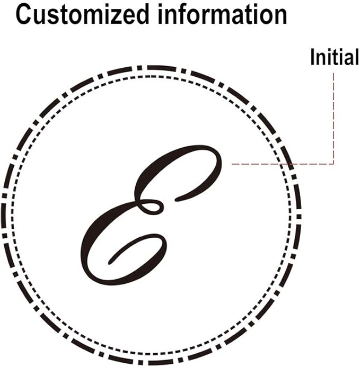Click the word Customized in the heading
pyautogui.click(x=83, y=14)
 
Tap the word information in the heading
pyautogui.click(x=223, y=14)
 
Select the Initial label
pyautogui.click(x=335, y=57)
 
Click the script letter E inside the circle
pyautogui.click(x=152, y=215)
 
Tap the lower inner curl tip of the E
pyautogui.click(x=110, y=263)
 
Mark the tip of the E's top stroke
pyautogui.click(x=176, y=200)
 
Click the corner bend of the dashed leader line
pyautogui.click(x=333, y=164)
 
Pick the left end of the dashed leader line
pyautogui.click(x=232, y=164)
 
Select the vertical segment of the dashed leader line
pyautogui.click(x=333, y=118)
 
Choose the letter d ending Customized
pyautogui.click(x=142, y=14)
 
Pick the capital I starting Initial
pyautogui.click(x=312, y=57)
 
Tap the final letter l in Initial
pyautogui.click(x=356, y=57)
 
